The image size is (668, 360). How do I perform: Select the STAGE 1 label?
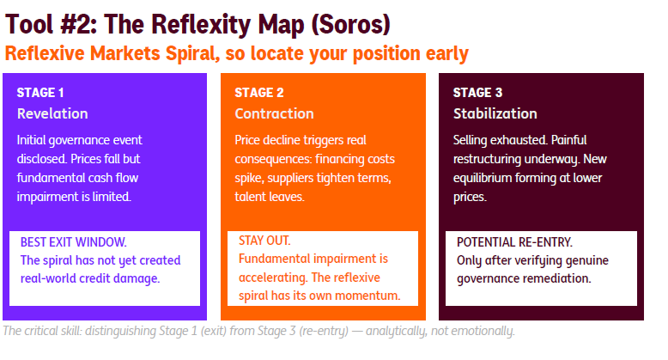[40, 93]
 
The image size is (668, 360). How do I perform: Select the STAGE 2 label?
[259, 93]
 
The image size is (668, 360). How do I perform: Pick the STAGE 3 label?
[478, 93]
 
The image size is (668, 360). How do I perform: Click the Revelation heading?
[52, 113]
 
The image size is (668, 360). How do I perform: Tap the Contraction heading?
[275, 113]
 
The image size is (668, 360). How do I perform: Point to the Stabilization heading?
[495, 113]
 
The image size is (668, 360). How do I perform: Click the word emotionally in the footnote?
[480, 331]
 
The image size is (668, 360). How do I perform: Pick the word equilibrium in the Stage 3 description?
[489, 178]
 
